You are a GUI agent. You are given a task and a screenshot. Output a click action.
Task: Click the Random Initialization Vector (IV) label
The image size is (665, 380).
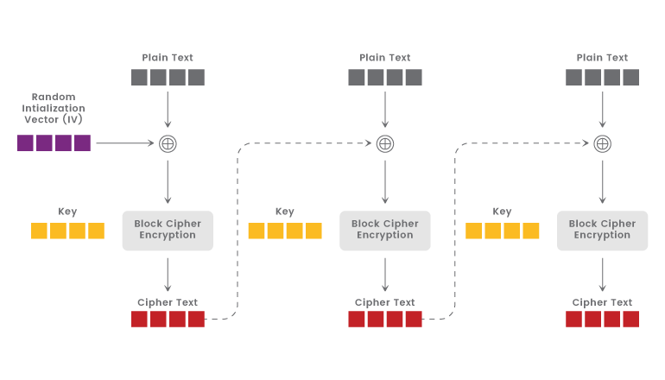pos(54,108)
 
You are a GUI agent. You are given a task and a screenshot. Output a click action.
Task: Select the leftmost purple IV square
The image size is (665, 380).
pos(26,143)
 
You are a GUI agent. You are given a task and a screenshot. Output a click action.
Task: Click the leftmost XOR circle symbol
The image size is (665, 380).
pos(168,143)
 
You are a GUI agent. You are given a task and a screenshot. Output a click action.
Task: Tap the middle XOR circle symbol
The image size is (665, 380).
pos(385,143)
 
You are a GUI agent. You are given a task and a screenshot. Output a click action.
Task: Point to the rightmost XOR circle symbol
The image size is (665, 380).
pos(602,143)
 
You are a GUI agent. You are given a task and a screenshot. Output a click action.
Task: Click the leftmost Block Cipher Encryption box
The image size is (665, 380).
pos(168,230)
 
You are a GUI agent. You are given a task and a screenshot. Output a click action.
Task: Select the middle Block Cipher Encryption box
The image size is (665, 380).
pos(385,230)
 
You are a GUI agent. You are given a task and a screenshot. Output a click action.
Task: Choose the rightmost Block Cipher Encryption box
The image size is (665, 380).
pos(602,230)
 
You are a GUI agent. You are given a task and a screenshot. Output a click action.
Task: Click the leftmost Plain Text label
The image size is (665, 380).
pos(168,58)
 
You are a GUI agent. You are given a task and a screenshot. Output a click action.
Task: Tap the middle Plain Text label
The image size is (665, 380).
pos(385,58)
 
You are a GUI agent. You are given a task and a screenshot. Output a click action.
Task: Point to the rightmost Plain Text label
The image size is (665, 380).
pos(602,58)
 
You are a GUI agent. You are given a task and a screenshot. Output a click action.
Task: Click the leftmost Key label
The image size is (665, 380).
pos(67,212)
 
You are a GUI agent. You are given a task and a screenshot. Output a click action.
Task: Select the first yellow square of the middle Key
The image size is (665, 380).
pos(256,231)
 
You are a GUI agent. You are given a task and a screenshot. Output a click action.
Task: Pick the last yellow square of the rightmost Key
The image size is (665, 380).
pos(531,231)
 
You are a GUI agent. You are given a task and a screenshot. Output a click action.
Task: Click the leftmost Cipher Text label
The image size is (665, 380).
pos(168,302)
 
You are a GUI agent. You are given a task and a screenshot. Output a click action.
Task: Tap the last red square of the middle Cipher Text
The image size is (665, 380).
pos(414,320)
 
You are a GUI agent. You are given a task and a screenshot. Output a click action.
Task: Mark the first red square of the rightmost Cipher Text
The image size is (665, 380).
pos(574,320)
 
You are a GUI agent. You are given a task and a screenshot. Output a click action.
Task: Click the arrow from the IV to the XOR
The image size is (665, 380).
pos(125,143)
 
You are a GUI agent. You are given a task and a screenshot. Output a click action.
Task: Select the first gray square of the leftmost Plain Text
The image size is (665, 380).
pos(140,78)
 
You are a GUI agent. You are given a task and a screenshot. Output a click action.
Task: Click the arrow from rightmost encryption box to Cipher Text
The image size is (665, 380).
pos(602,274)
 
